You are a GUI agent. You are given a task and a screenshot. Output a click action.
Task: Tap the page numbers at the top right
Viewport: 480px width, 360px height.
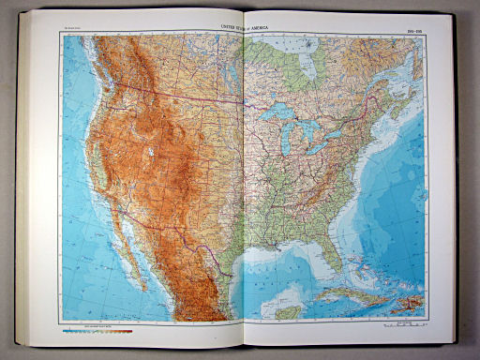[406, 28]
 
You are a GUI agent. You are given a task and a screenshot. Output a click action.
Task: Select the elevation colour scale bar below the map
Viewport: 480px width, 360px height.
[97, 329]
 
